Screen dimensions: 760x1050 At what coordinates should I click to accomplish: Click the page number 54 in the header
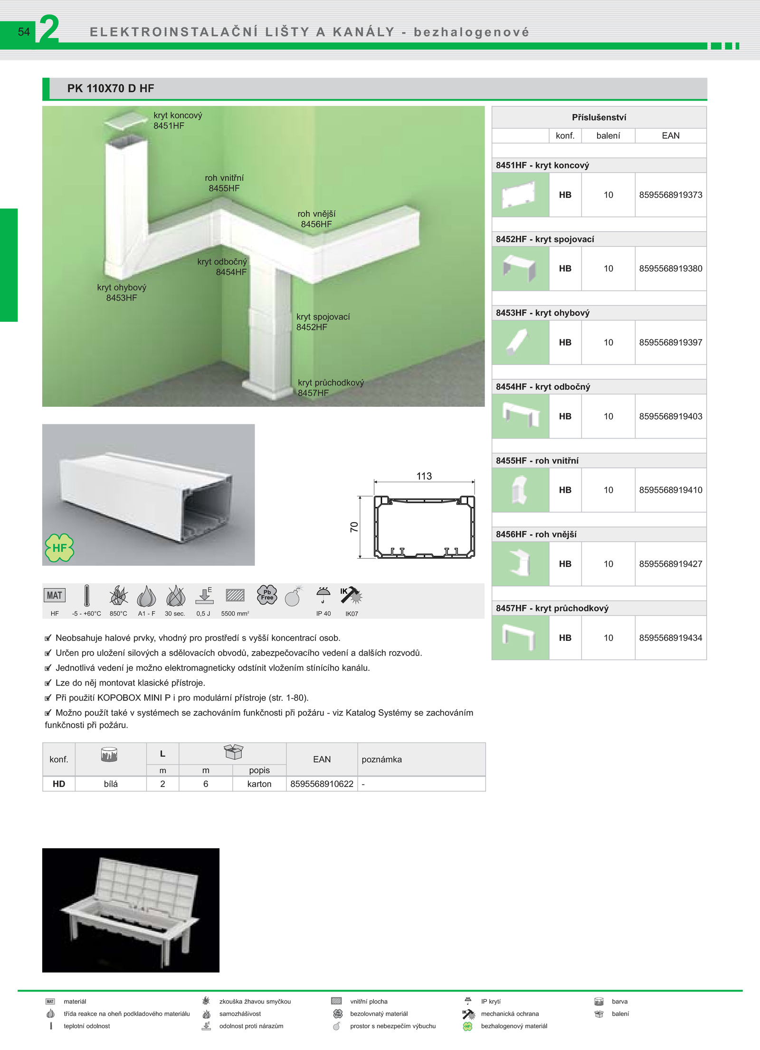24,32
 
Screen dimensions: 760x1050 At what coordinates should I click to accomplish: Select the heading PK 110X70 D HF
111,88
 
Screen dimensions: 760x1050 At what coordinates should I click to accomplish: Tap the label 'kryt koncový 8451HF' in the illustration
178,121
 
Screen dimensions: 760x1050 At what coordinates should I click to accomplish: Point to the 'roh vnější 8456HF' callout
316,219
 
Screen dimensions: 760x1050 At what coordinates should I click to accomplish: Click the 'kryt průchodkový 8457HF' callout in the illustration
331,387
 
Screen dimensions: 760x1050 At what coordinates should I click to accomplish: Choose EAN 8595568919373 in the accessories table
671,195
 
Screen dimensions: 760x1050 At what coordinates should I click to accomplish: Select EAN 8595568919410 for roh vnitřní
671,490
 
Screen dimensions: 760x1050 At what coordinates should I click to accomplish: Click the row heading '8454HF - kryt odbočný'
543,387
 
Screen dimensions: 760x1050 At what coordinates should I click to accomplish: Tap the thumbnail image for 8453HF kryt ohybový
520,342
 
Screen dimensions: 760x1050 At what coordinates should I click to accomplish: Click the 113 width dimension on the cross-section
424,476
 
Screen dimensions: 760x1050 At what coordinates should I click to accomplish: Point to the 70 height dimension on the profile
354,527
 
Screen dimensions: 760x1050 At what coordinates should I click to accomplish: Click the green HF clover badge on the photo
59,548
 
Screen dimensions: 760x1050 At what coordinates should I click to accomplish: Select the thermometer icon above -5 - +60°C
86,595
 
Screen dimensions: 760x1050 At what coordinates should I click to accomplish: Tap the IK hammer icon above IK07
351,595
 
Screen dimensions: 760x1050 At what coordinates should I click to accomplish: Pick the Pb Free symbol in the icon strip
267,594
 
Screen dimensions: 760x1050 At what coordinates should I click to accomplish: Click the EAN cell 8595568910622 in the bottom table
322,784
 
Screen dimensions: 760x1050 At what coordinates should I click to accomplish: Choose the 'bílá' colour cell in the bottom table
111,784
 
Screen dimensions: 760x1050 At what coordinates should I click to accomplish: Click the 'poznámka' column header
381,759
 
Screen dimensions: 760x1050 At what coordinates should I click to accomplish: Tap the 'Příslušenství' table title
599,117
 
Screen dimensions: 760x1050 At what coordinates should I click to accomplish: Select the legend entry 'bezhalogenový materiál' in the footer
514,1026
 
